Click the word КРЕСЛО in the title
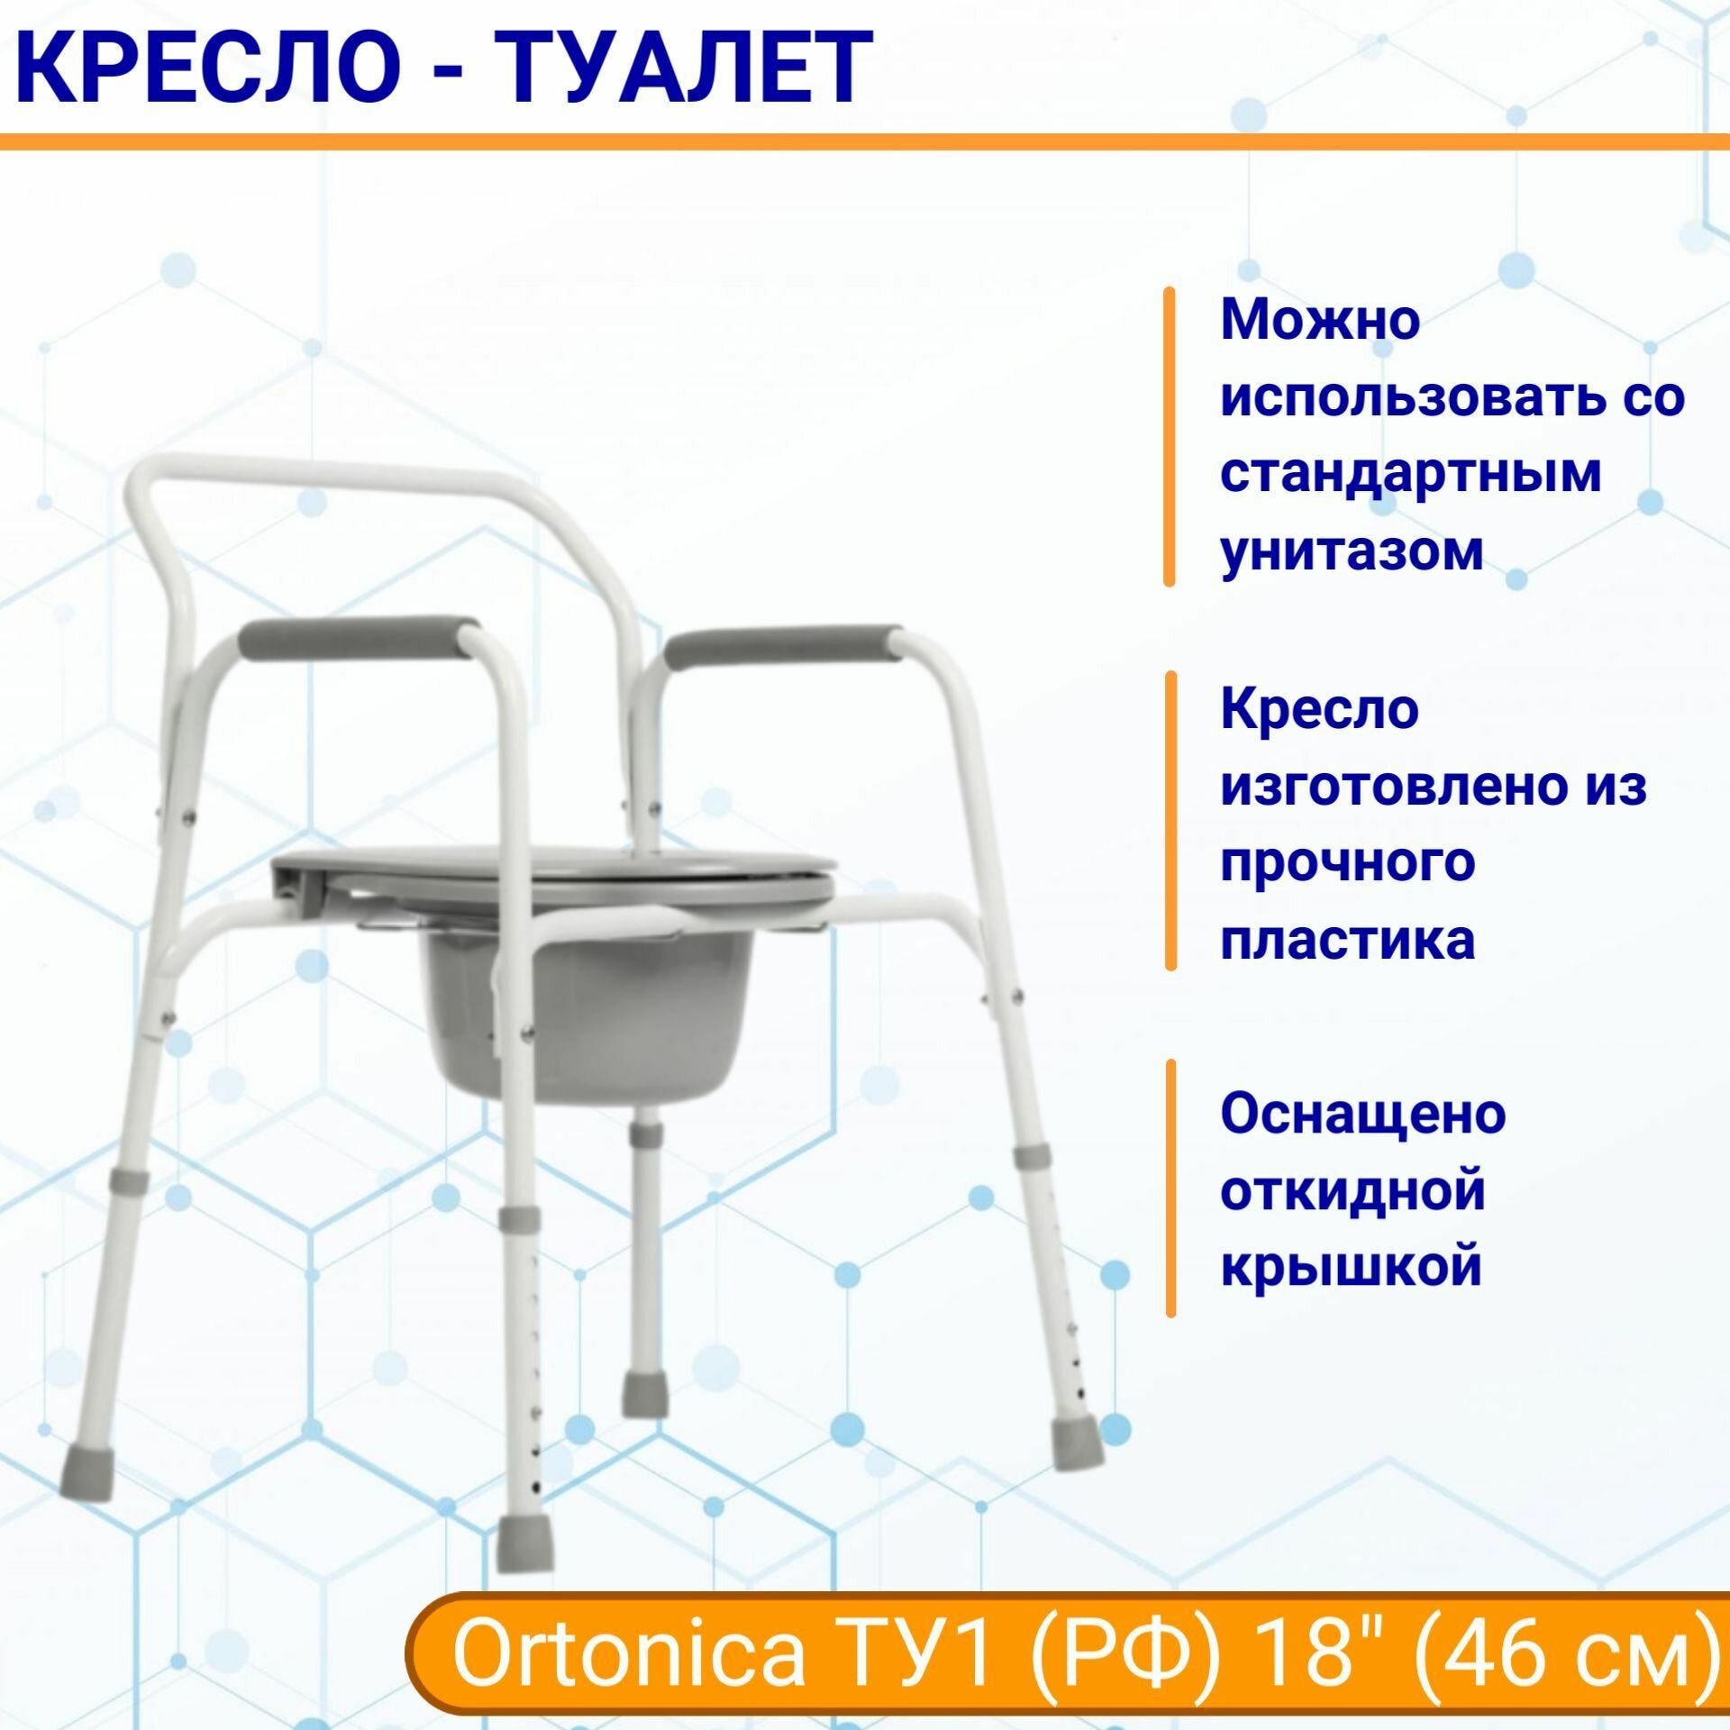(x=205, y=68)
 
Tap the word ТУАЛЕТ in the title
(x=682, y=68)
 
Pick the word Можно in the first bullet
(x=1320, y=320)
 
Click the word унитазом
(x=1352, y=551)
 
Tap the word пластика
(x=1347, y=940)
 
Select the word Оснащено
(x=1363, y=1114)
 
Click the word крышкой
(x=1352, y=1267)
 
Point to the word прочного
(x=1347, y=863)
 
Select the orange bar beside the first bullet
(x=1170, y=436)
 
